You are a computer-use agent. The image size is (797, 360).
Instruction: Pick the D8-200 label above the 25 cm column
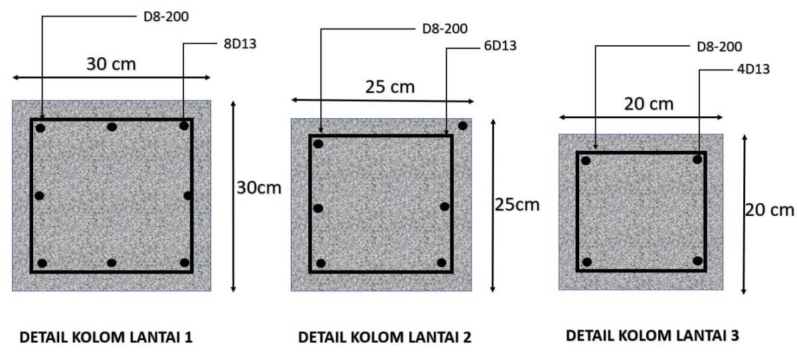click(444, 29)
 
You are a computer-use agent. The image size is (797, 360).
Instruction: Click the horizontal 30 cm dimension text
click(112, 64)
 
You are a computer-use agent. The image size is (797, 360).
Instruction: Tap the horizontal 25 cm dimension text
click(389, 86)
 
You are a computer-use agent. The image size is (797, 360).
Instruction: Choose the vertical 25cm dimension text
click(517, 204)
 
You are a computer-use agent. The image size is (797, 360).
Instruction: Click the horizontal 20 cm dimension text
click(648, 104)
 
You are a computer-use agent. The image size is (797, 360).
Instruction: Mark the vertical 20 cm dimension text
click(769, 209)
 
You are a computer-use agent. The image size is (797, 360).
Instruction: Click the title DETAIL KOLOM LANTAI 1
click(107, 337)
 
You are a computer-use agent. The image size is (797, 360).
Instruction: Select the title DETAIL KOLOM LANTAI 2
click(385, 337)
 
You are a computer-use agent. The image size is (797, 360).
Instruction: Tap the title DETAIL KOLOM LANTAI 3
click(652, 335)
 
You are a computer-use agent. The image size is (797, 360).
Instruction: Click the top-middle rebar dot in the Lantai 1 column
click(112, 127)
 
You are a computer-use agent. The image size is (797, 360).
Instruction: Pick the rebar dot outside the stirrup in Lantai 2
click(462, 126)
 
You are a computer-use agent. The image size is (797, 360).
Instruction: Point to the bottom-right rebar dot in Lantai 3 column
click(697, 260)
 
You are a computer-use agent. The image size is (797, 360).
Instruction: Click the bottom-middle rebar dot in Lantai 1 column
click(112, 263)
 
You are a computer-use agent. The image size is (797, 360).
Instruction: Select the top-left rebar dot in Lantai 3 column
click(586, 160)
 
